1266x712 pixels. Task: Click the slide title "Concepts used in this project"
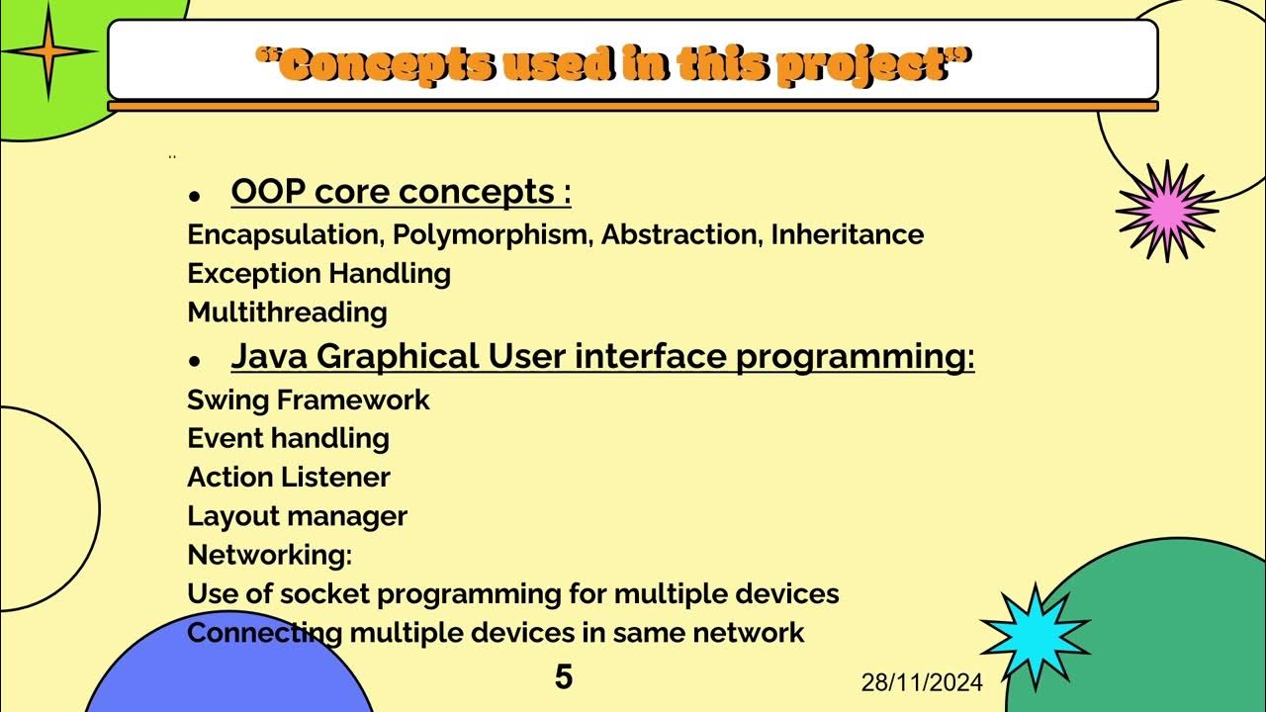click(613, 65)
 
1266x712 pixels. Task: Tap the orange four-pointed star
click(46, 52)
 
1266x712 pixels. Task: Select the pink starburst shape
click(1167, 211)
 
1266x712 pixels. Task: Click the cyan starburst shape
click(1035, 636)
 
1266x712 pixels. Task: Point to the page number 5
click(563, 677)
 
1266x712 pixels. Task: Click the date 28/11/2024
click(922, 682)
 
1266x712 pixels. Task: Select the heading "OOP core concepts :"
click(401, 192)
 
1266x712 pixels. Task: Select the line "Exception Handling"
click(318, 274)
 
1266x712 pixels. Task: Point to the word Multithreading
click(287, 312)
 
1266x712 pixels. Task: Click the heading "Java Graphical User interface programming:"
click(602, 356)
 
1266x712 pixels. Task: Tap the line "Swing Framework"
click(309, 400)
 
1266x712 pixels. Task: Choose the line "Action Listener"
click(289, 478)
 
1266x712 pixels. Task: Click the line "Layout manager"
click(297, 516)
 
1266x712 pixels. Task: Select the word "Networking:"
click(269, 555)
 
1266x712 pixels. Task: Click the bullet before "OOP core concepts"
click(195, 197)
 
